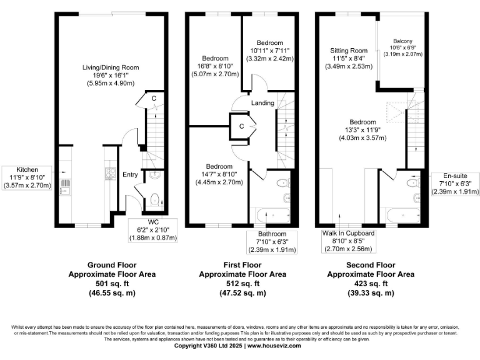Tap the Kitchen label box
coord(27,177)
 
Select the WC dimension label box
coord(151,230)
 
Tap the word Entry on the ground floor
coord(130,174)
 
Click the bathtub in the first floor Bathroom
coord(269,216)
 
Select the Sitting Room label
coord(349,51)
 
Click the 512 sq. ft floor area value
coord(242,283)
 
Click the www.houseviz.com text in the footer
coord(276,346)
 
